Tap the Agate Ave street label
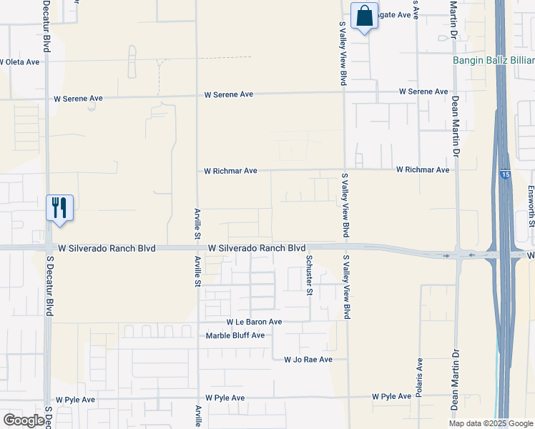395,15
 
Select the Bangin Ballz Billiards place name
494,60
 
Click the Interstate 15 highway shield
506,174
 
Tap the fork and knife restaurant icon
59,208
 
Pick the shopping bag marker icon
364,15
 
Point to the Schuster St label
310,275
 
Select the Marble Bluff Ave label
235,335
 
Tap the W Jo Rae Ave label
308,360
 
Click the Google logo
24,420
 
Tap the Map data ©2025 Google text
490,423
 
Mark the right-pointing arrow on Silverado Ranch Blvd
446,255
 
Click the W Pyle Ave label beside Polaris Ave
391,396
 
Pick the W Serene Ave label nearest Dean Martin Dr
423,92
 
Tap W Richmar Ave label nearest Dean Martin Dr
423,170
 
